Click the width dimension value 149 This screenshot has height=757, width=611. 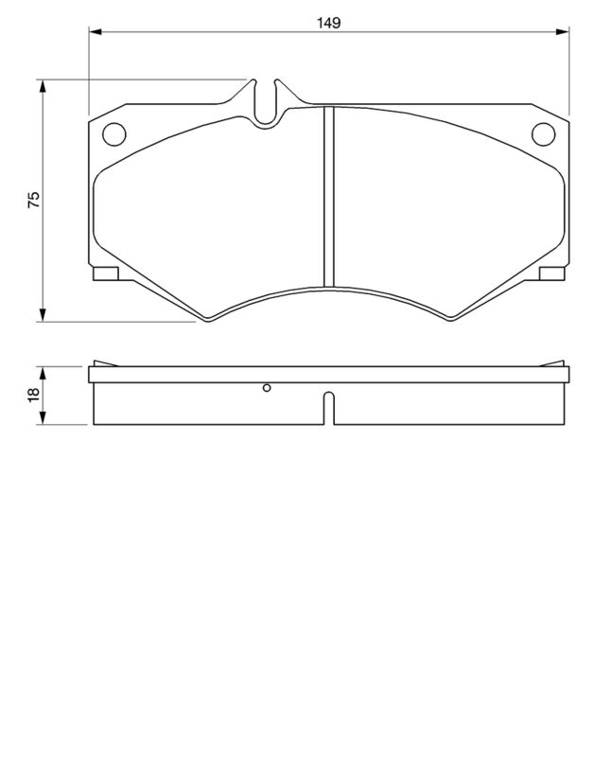coord(328,21)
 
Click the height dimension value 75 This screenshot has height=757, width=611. coord(33,200)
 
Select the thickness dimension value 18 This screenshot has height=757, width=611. coord(33,395)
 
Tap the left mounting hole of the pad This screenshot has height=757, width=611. coord(113,135)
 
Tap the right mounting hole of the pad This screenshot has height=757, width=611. coord(543,135)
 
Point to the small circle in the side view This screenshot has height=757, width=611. coord(268,387)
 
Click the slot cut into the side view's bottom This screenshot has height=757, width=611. coord(328,408)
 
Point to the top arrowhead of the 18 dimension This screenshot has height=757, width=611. coord(43,369)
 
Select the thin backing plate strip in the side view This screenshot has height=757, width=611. coord(328,375)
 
